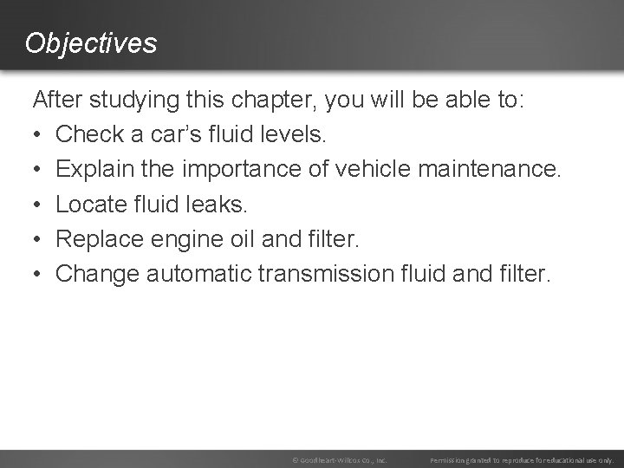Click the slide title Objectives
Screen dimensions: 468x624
tap(91, 42)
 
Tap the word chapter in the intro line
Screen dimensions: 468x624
tap(274, 100)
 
